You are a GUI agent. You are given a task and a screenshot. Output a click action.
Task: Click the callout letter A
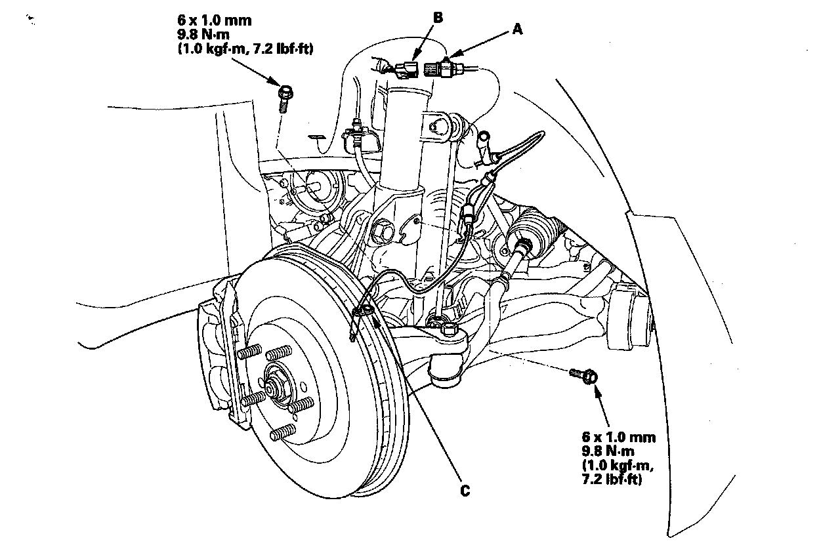(x=517, y=29)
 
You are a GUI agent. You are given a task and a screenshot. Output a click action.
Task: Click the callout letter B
(x=438, y=17)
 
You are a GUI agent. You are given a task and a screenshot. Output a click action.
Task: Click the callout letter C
(x=465, y=491)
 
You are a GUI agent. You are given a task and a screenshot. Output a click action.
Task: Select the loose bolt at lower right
(x=584, y=376)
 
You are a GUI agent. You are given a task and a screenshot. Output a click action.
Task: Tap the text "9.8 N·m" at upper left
(x=203, y=35)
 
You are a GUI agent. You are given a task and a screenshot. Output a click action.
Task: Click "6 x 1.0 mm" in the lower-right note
(x=619, y=437)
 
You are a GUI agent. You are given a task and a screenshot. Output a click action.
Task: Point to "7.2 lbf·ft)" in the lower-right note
(x=612, y=480)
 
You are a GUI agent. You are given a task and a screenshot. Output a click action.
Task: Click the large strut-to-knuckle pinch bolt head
(x=382, y=232)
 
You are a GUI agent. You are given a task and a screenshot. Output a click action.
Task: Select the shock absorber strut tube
(x=406, y=142)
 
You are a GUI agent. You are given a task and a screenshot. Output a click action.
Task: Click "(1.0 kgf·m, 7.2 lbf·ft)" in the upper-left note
(x=245, y=49)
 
